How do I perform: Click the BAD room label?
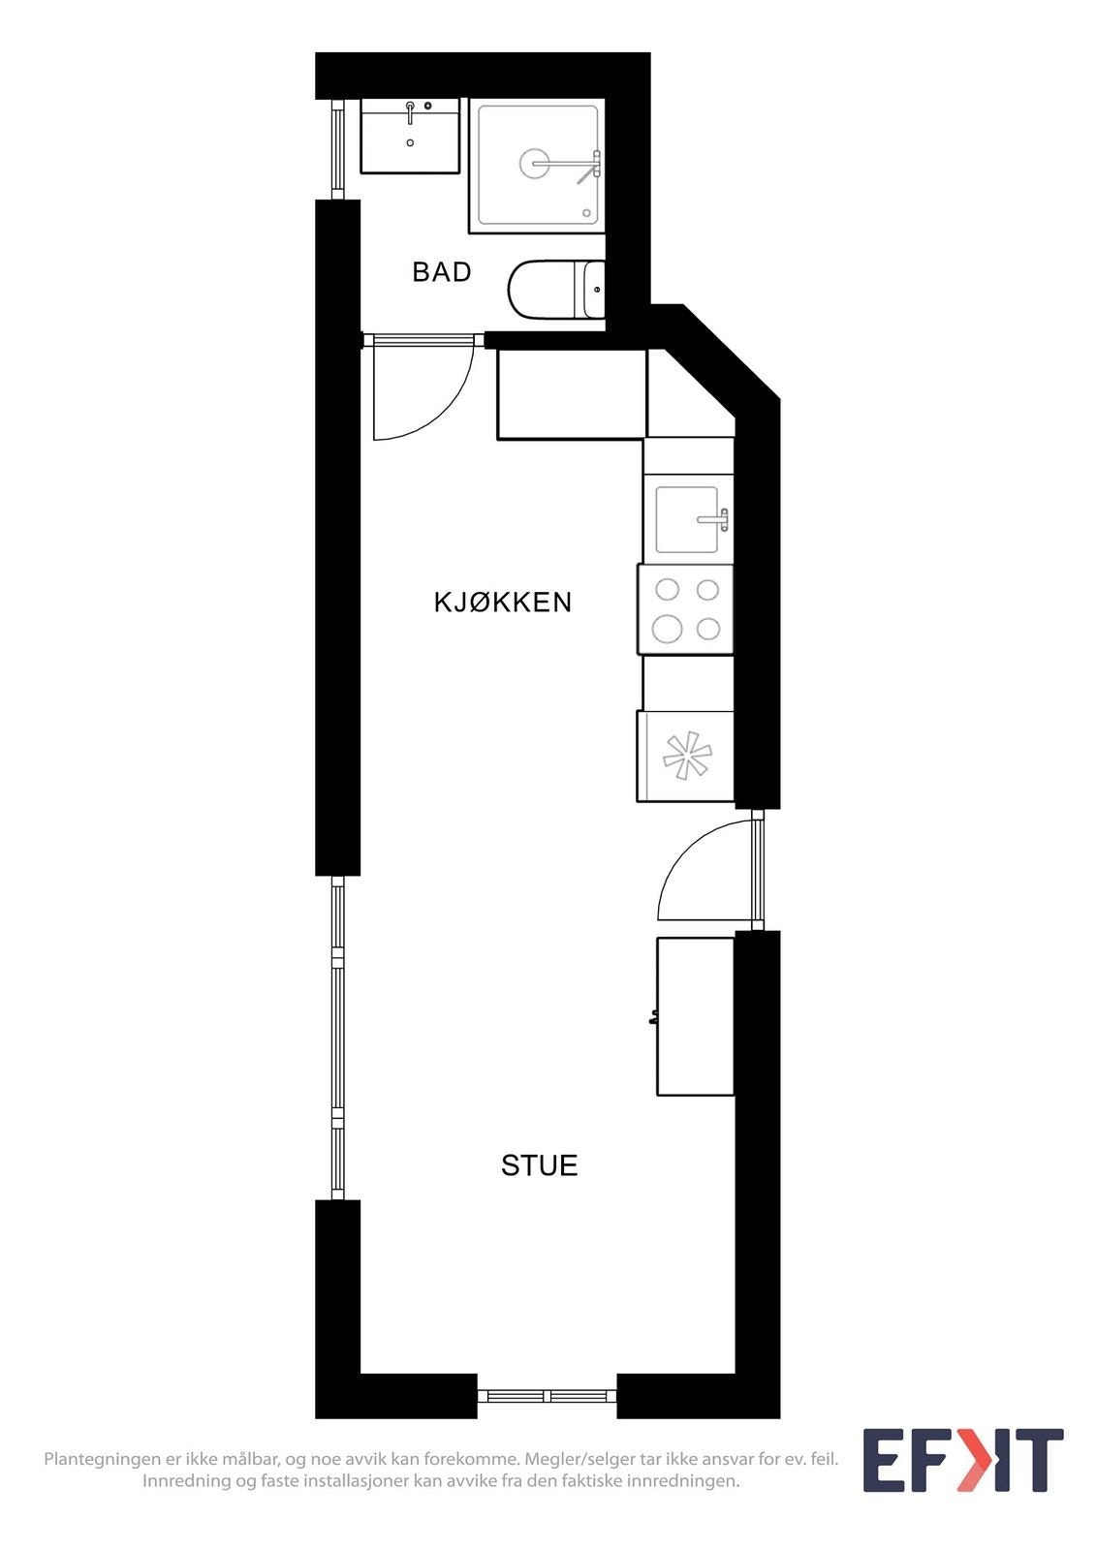tap(442, 272)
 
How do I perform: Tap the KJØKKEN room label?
tap(502, 603)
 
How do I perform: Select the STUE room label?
tap(539, 1165)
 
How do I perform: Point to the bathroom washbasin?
tap(410, 137)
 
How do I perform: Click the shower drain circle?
tap(534, 164)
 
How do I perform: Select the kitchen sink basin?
tap(686, 519)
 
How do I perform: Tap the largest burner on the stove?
tap(667, 629)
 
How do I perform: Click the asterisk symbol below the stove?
tap(687, 756)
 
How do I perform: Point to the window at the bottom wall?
tap(547, 1396)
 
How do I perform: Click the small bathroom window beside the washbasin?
tap(337, 148)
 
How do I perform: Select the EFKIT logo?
tap(962, 1460)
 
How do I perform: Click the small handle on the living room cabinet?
tap(654, 1017)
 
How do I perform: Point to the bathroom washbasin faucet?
tap(411, 110)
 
